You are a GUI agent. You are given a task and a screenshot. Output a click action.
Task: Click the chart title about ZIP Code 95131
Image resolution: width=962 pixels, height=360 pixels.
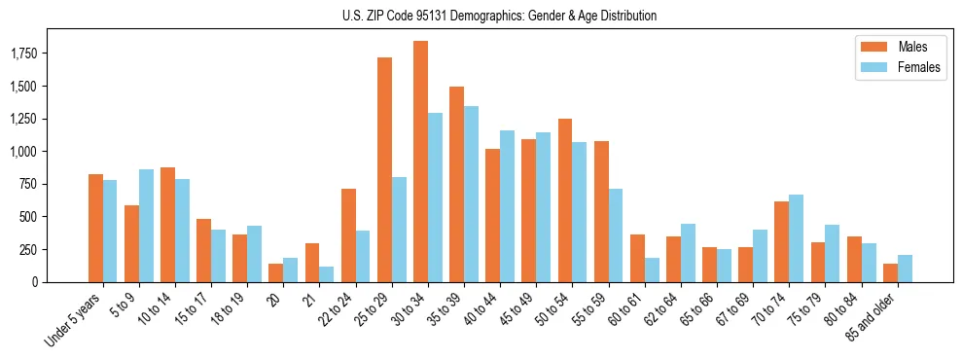[x=500, y=16]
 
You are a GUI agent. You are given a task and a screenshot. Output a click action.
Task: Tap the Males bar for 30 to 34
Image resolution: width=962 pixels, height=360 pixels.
[x=420, y=162]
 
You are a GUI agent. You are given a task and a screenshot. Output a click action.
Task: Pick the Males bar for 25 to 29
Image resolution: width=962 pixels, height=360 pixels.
[x=384, y=170]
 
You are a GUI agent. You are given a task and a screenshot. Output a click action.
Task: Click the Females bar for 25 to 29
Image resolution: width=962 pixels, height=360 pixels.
[x=399, y=230]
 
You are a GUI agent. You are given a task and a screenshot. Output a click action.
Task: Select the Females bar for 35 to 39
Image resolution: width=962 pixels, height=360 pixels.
[x=471, y=194]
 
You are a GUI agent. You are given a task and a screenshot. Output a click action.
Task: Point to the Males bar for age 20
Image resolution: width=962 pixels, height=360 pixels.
[x=276, y=272]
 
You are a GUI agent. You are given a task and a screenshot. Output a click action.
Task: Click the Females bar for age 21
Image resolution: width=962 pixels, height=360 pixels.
[x=327, y=274]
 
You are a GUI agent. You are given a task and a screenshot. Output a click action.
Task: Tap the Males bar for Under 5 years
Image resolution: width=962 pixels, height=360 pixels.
[x=95, y=228]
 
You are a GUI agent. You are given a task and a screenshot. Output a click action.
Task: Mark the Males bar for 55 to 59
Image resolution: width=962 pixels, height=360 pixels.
[x=601, y=211]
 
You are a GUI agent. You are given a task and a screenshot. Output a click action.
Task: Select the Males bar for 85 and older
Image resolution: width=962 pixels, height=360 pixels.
[x=890, y=272]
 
